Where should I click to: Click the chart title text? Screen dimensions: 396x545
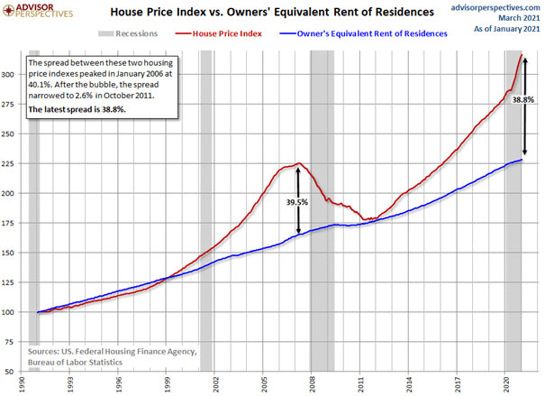point(271,13)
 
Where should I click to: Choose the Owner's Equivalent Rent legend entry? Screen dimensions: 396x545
point(370,33)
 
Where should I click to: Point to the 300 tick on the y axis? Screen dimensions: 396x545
point(13,75)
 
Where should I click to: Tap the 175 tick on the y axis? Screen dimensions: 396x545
point(13,223)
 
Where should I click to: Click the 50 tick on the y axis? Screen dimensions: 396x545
point(15,371)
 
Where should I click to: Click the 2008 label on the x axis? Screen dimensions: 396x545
point(311,382)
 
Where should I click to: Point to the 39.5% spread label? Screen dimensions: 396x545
point(296,203)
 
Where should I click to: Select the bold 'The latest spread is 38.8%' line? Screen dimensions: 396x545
point(77,109)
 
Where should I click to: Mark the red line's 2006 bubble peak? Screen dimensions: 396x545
point(297,163)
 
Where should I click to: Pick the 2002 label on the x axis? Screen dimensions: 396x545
point(215,382)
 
